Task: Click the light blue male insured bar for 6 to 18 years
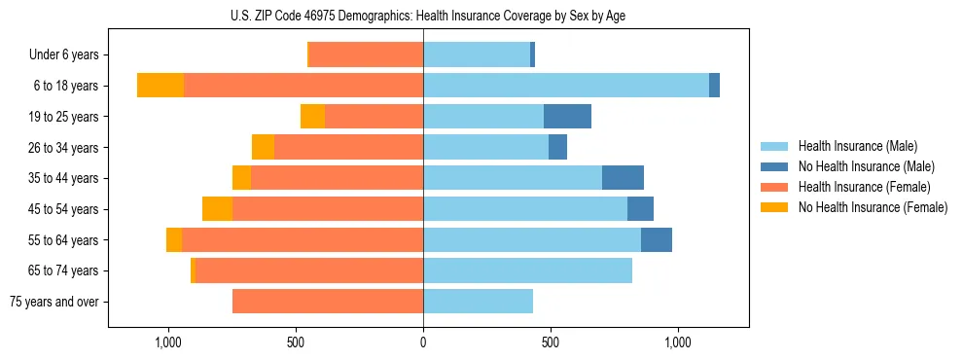tap(565, 86)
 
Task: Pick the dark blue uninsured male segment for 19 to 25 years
tap(567, 117)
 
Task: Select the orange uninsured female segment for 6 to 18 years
tap(160, 86)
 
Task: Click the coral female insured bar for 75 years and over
tap(328, 302)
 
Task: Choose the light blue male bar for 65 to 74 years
tap(527, 270)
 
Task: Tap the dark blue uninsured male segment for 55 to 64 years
tap(657, 240)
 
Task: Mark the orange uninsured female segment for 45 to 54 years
tap(217, 209)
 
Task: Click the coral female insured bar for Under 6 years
tap(366, 54)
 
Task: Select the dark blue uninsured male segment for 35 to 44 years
tap(623, 178)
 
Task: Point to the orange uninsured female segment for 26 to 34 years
tap(263, 147)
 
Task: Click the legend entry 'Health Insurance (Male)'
tap(858, 146)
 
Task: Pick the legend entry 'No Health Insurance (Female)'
tap(873, 207)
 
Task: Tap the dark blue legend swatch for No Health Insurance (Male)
tap(774, 166)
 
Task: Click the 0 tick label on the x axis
tap(423, 342)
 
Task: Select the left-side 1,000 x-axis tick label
tap(168, 342)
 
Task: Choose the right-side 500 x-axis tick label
tap(551, 342)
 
